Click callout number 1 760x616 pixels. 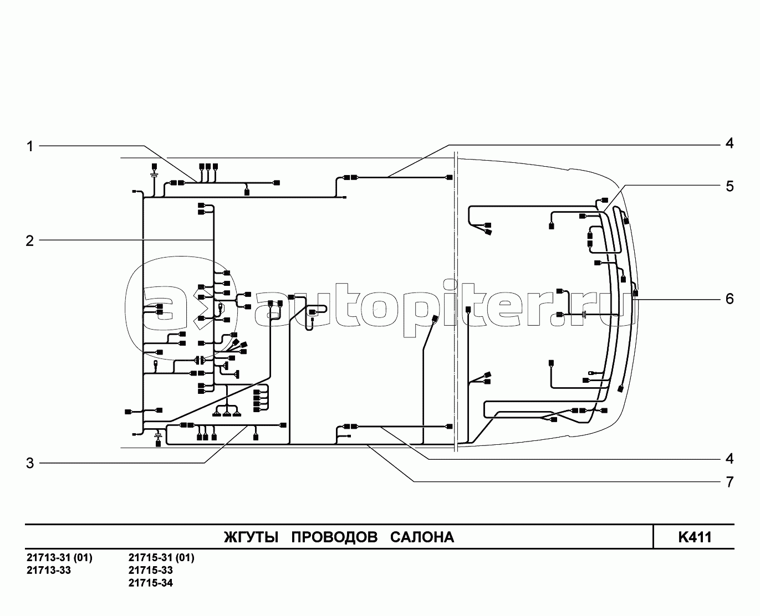click(x=30, y=146)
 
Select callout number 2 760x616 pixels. click(x=30, y=240)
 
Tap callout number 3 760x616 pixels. click(x=30, y=463)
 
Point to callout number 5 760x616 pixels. click(x=730, y=186)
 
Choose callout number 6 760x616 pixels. click(x=730, y=299)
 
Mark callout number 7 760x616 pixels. click(x=730, y=482)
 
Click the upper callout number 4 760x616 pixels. click(x=730, y=143)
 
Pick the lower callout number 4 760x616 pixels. click(x=730, y=459)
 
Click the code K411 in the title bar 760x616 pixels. click(x=694, y=537)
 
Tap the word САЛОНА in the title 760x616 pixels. click(x=422, y=537)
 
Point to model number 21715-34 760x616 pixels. click(x=150, y=583)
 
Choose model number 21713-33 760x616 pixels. click(x=49, y=570)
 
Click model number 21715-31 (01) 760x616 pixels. click(x=161, y=557)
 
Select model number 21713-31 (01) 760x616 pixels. click(x=59, y=557)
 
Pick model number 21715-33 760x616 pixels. click(x=150, y=570)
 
